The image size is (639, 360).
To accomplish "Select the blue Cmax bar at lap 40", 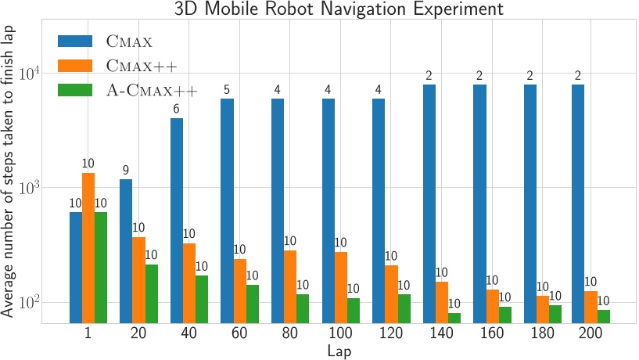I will pyautogui.click(x=177, y=220).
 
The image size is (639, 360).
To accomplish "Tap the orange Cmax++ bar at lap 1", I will pyautogui.click(x=88, y=247).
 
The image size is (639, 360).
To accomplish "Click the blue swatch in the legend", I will pyautogui.click(x=78, y=42).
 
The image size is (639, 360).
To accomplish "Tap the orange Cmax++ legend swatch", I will pyautogui.click(x=78, y=67).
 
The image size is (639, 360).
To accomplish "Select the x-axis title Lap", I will pyautogui.click(x=341, y=351).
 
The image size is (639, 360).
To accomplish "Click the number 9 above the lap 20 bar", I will pyautogui.click(x=126, y=171).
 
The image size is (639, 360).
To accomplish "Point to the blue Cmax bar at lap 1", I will pyautogui.click(x=76, y=267).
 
